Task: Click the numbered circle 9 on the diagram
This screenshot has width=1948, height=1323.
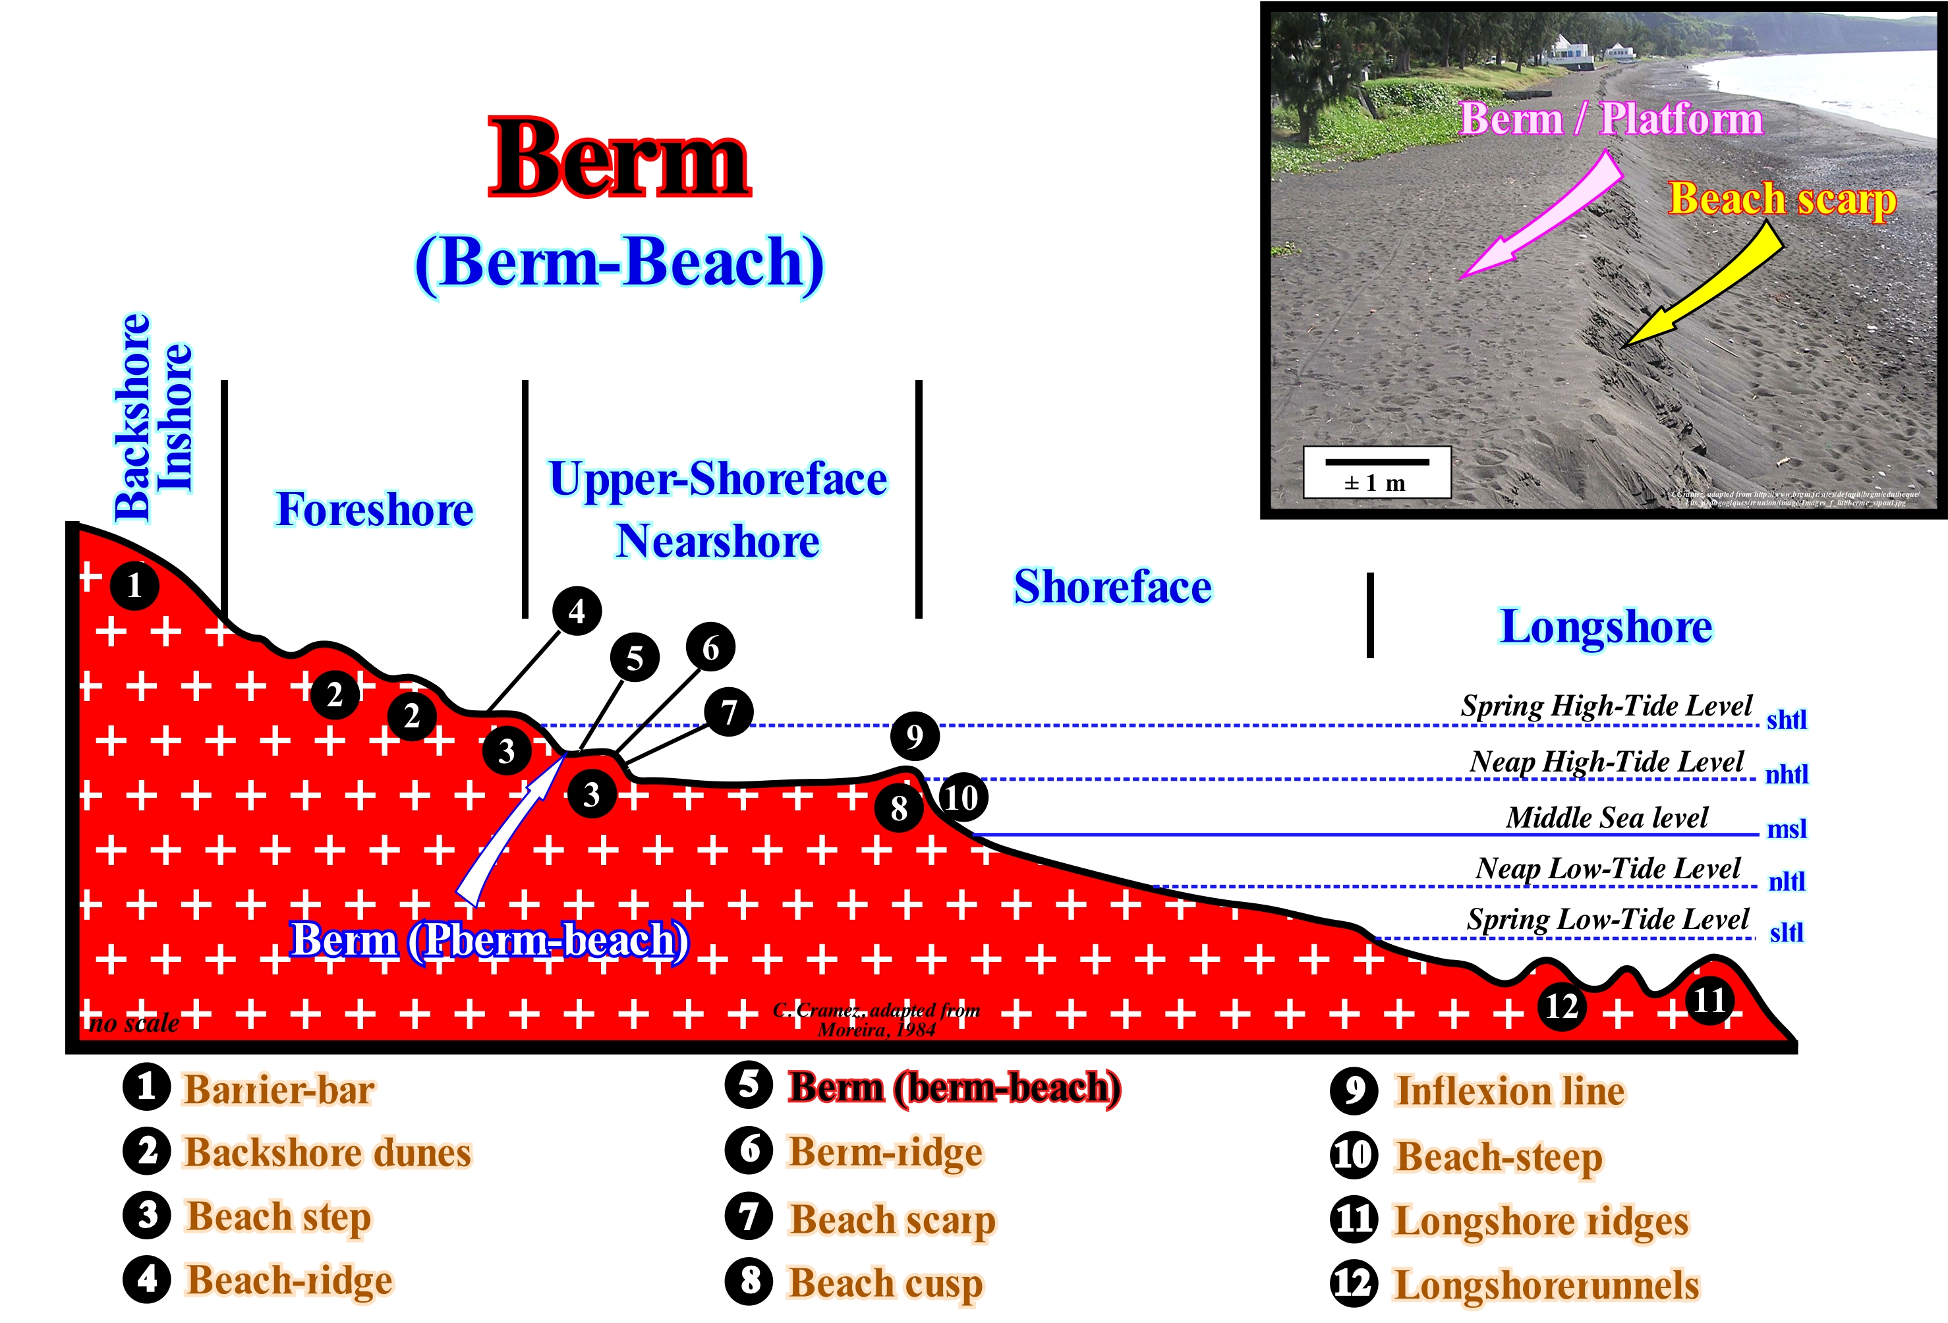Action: pyautogui.click(x=913, y=736)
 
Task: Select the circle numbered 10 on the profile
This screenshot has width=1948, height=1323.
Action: pyautogui.click(x=962, y=797)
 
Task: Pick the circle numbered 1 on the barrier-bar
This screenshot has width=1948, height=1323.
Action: pyautogui.click(x=134, y=585)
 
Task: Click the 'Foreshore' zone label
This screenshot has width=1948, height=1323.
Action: pyautogui.click(x=375, y=509)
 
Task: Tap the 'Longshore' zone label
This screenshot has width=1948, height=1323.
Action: pyautogui.click(x=1605, y=627)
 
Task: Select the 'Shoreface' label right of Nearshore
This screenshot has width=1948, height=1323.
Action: pyautogui.click(x=1112, y=586)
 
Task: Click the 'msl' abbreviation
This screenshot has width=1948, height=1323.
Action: pyautogui.click(x=1787, y=830)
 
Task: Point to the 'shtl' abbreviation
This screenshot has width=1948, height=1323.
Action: pyautogui.click(x=1787, y=719)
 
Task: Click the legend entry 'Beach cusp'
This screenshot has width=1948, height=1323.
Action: pyautogui.click(x=884, y=1283)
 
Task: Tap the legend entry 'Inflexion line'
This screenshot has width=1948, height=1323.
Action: pyautogui.click(x=1509, y=1091)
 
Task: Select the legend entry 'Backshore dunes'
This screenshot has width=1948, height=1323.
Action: pyautogui.click(x=327, y=1153)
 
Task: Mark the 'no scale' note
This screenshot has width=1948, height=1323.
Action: pyautogui.click(x=134, y=1023)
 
